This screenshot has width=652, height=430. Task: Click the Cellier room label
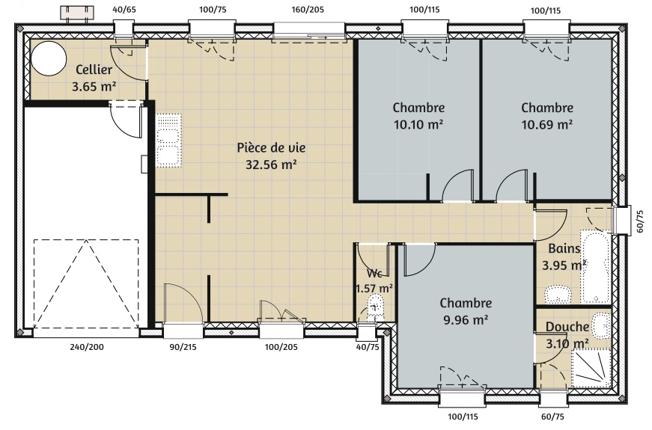(94, 70)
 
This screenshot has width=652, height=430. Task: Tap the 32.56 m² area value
(271, 165)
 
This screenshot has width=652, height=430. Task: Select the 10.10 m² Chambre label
(418, 108)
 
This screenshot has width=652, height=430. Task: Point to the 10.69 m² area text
(547, 124)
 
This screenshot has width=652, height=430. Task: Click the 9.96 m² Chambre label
(466, 303)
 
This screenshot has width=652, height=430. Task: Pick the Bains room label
(564, 248)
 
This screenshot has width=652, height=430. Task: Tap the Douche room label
(567, 327)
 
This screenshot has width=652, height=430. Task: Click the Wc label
(374, 274)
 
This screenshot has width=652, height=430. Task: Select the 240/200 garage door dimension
(87, 346)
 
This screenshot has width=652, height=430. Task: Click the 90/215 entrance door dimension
(183, 346)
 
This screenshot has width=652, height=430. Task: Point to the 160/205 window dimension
(308, 9)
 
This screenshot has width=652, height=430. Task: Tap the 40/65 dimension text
(124, 9)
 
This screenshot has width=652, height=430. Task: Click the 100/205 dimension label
(281, 346)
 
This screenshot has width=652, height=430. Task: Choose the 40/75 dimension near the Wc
(368, 346)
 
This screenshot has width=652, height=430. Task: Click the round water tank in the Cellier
(49, 58)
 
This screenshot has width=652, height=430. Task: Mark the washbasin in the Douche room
(600, 325)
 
